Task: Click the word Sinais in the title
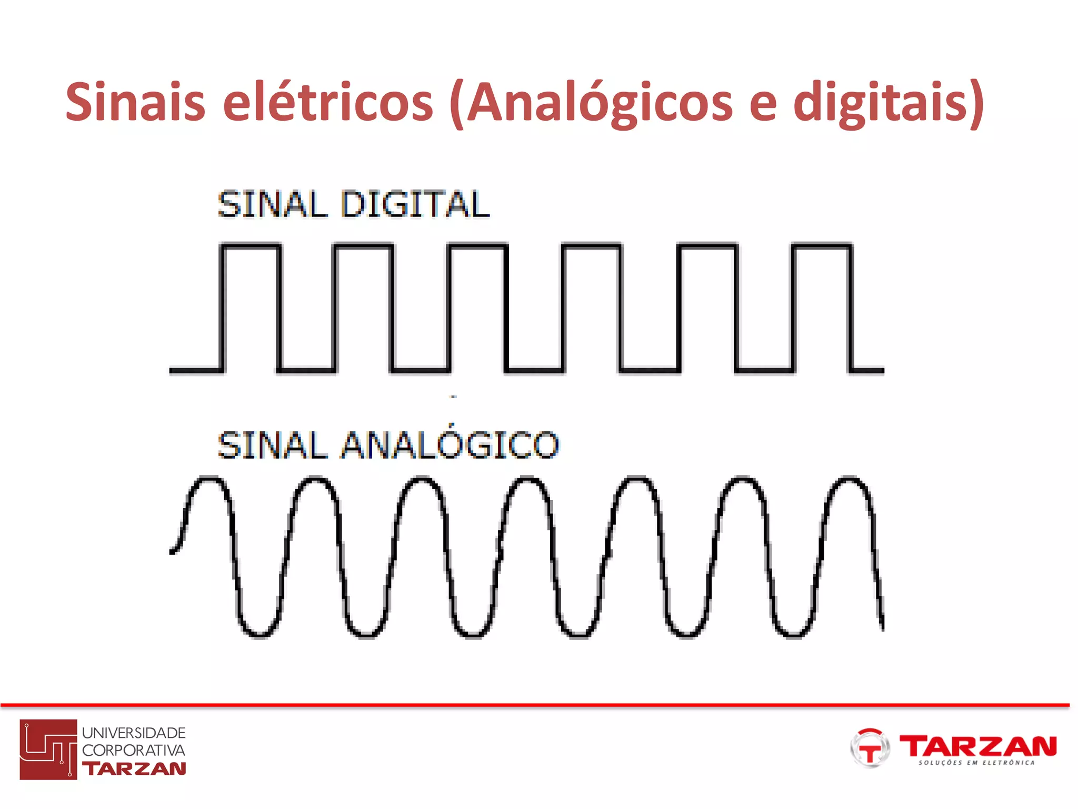click(135, 102)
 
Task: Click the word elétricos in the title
click(328, 102)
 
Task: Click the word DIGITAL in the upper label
click(415, 204)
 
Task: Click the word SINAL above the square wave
click(272, 204)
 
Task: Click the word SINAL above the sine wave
click(272, 445)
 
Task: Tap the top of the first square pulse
click(251, 245)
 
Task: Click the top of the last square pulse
click(822, 245)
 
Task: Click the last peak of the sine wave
click(849, 479)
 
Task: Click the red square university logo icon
click(48, 749)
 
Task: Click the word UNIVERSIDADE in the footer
click(134, 733)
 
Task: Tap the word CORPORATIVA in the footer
click(134, 750)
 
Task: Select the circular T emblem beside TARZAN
click(870, 748)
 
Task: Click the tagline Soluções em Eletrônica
click(976, 763)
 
